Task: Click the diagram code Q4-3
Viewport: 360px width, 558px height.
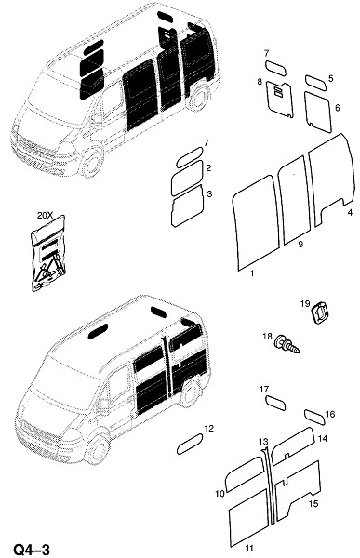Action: pos(32,549)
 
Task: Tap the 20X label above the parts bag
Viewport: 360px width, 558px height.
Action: pos(45,216)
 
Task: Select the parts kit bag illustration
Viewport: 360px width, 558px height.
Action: pos(48,253)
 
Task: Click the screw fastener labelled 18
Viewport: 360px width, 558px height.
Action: pos(287,344)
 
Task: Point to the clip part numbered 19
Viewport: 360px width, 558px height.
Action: pos(320,312)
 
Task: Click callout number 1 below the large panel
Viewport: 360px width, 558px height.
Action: pos(252,273)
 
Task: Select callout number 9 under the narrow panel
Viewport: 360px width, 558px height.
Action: pos(300,244)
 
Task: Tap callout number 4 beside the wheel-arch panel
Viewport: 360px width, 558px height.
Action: pos(350,213)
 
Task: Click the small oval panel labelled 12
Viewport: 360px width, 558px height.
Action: pos(190,444)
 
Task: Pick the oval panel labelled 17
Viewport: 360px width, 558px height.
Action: pos(276,403)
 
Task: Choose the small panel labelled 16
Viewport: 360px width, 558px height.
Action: pos(314,418)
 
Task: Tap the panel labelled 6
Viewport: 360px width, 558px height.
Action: pos(318,112)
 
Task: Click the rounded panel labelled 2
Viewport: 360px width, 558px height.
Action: pos(187,178)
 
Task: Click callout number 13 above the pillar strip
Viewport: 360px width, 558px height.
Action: pos(263,442)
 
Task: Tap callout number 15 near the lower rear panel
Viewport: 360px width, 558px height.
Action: pos(313,504)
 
